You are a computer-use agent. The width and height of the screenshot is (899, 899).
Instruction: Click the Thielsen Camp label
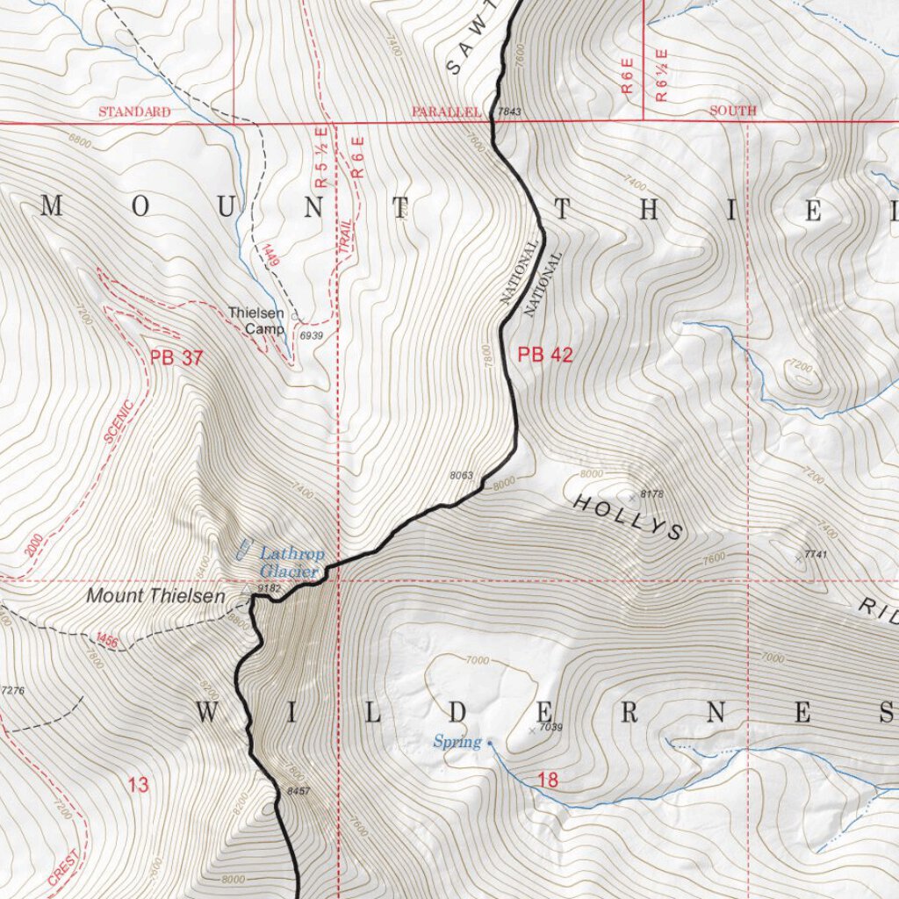[x=256, y=320]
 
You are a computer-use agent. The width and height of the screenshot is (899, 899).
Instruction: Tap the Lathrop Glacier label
[x=291, y=562]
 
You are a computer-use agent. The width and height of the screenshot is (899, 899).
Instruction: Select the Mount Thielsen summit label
[x=155, y=596]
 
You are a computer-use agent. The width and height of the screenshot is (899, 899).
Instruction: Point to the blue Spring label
[x=457, y=743]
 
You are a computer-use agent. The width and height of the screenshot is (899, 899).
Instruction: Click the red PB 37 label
[x=176, y=357]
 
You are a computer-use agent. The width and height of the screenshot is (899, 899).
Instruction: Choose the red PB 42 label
[x=544, y=355]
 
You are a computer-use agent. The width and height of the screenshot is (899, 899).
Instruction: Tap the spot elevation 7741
[x=817, y=555]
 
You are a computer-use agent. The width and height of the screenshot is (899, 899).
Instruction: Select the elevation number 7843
[x=509, y=111]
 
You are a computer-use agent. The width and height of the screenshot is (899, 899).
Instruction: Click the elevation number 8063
[x=461, y=475]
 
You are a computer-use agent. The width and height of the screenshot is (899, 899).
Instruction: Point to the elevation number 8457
[x=299, y=791]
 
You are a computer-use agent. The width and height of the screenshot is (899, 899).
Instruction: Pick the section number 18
[x=547, y=780]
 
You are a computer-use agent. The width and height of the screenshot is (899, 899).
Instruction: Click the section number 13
[x=138, y=785]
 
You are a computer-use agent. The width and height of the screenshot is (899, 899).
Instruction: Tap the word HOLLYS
[x=628, y=516]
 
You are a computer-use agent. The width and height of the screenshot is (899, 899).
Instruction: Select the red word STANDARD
[x=134, y=111]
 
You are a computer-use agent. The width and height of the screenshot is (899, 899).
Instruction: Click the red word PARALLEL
[x=447, y=111]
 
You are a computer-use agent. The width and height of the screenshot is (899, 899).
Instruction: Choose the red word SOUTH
[x=732, y=111]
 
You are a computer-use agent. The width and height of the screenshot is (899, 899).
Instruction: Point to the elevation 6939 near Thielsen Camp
[x=312, y=335]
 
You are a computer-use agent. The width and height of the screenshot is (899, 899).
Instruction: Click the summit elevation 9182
[x=269, y=587]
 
